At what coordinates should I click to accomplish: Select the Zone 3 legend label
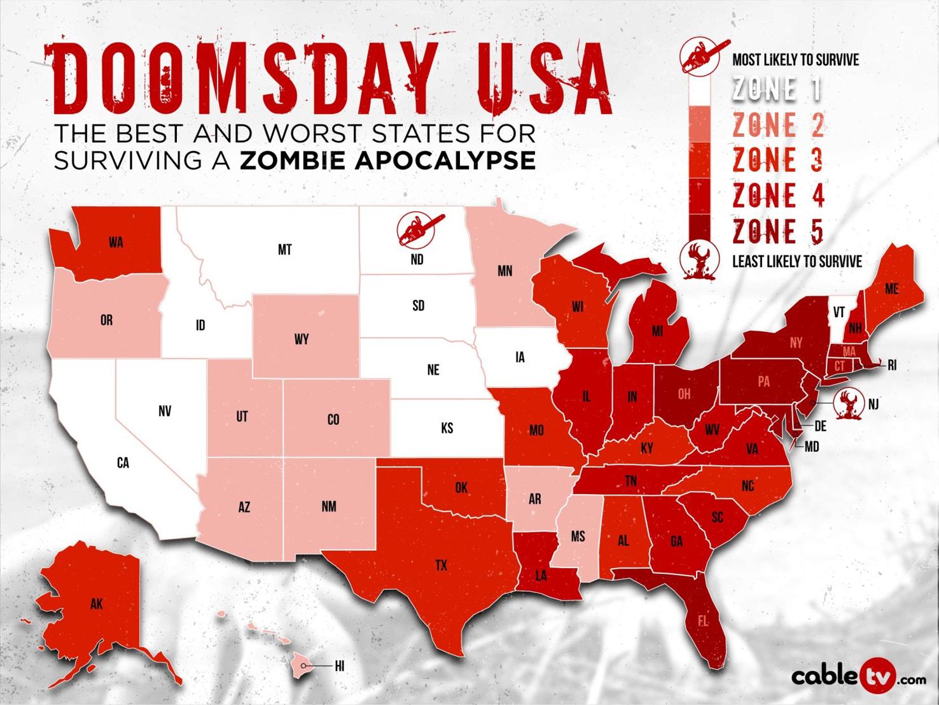(x=777, y=159)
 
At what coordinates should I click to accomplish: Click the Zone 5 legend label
(x=777, y=231)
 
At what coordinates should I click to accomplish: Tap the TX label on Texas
(x=441, y=565)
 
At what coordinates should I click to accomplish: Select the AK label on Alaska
(x=96, y=604)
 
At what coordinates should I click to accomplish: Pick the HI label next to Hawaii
(x=339, y=666)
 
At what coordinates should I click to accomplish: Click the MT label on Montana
(x=284, y=250)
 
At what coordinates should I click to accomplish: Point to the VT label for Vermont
(x=838, y=312)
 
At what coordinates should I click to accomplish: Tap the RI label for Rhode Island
(x=892, y=366)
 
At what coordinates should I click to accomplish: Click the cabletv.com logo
(x=858, y=676)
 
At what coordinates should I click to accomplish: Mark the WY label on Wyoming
(x=302, y=339)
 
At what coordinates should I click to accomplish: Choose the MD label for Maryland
(x=811, y=447)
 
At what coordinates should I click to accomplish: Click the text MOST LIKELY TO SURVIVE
(x=795, y=61)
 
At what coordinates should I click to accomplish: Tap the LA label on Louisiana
(x=541, y=576)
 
